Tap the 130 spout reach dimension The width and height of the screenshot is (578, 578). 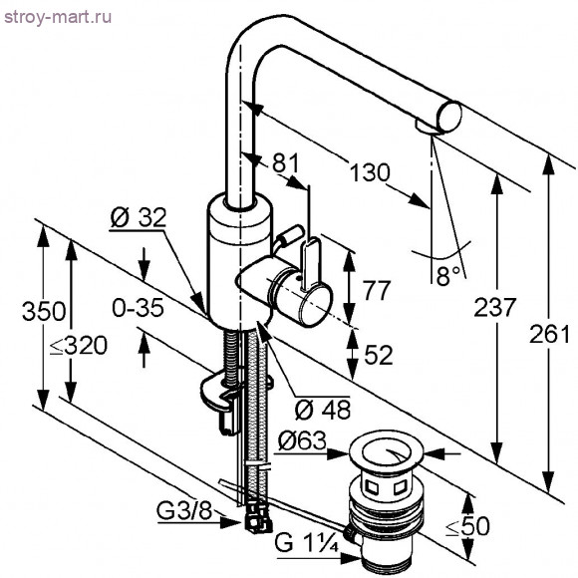(370, 172)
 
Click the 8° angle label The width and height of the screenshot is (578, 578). (448, 272)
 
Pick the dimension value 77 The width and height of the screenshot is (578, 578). (376, 292)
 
